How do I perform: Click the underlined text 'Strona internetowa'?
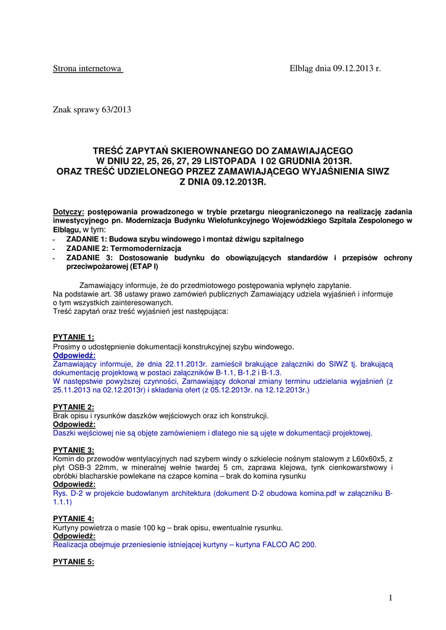pyautogui.click(x=87, y=69)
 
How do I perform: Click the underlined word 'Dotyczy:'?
pyautogui.click(x=68, y=212)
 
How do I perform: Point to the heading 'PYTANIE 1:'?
pyautogui.click(x=73, y=337)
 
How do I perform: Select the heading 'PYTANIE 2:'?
pyautogui.click(x=73, y=407)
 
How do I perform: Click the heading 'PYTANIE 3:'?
pyautogui.click(x=73, y=450)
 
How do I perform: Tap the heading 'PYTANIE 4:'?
pyautogui.click(x=73, y=519)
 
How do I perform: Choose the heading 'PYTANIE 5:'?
pyautogui.click(x=73, y=562)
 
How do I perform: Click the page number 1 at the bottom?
pyautogui.click(x=391, y=597)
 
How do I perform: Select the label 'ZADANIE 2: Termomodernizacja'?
pyautogui.click(x=123, y=248)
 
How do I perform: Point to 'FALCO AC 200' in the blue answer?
pyautogui.click(x=289, y=544)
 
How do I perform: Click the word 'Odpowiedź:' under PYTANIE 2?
pyautogui.click(x=74, y=425)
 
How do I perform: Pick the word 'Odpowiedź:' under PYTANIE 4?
pyautogui.click(x=74, y=536)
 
